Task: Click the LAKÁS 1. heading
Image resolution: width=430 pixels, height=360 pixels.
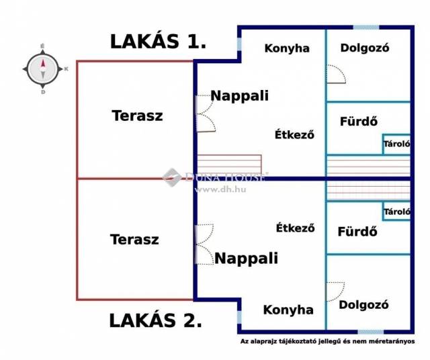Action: pos(158,42)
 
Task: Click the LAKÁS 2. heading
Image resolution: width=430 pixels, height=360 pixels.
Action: pos(155,320)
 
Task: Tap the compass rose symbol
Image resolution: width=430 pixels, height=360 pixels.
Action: pos(43,69)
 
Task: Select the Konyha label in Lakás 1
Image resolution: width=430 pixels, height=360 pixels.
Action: pos(287,48)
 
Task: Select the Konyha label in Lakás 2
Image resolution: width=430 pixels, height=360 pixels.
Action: pos(288,310)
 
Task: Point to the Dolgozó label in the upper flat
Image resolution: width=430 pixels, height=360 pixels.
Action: pos(365,48)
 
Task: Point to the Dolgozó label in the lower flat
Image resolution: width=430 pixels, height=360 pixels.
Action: pos(363,305)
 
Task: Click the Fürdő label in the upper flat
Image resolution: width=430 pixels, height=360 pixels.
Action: pos(359,121)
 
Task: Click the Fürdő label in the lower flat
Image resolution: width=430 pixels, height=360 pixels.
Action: pos(357,232)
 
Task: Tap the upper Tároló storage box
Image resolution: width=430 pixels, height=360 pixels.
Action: pos(396,144)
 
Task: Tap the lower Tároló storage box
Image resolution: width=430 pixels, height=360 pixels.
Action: pos(396,211)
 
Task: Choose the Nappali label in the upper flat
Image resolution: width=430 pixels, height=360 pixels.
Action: pos(240,95)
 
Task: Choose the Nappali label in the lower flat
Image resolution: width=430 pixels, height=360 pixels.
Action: pos(247,259)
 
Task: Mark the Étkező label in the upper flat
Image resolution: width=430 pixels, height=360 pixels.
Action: pos(294,134)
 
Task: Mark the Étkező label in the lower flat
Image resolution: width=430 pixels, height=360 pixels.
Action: pos(296,228)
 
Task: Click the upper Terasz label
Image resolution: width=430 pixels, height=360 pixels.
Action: pos(137,116)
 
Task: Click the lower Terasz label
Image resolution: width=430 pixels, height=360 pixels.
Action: pos(134,239)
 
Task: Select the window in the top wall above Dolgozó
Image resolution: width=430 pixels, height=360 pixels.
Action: pos(366,28)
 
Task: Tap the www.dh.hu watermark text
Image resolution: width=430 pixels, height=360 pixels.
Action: pos(220,189)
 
